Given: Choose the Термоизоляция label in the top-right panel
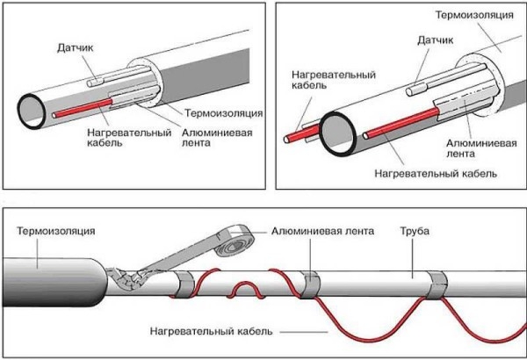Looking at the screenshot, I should click(474, 16).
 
